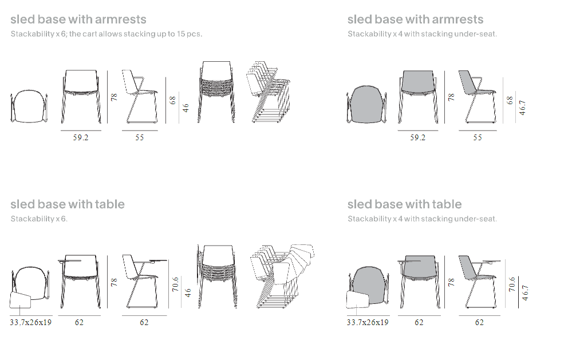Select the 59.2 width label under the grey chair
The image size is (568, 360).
[x=417, y=137]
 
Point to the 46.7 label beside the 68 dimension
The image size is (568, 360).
[x=522, y=108]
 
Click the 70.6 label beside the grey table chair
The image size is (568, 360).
[x=512, y=284]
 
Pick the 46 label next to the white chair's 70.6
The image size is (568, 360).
[x=188, y=292]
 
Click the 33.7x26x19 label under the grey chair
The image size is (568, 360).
[x=368, y=322]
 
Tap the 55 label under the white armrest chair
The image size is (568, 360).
[x=140, y=137]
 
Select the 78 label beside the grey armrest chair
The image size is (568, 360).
[x=451, y=97]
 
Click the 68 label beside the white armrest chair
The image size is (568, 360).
[x=173, y=100]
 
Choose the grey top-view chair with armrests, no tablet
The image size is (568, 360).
[x=366, y=104]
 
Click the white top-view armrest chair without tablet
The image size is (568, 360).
[x=29, y=106]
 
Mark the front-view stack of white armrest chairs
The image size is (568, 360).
[x=216, y=92]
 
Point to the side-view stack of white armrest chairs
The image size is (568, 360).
[x=268, y=92]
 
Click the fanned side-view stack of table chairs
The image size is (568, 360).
[x=282, y=276]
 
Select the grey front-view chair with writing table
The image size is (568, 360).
[x=420, y=282]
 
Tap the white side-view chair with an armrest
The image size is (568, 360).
[x=140, y=97]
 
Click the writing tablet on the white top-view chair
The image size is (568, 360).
[x=20, y=300]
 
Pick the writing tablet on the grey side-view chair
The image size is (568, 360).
[x=488, y=261]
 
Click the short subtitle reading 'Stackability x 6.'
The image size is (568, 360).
[x=39, y=219]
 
